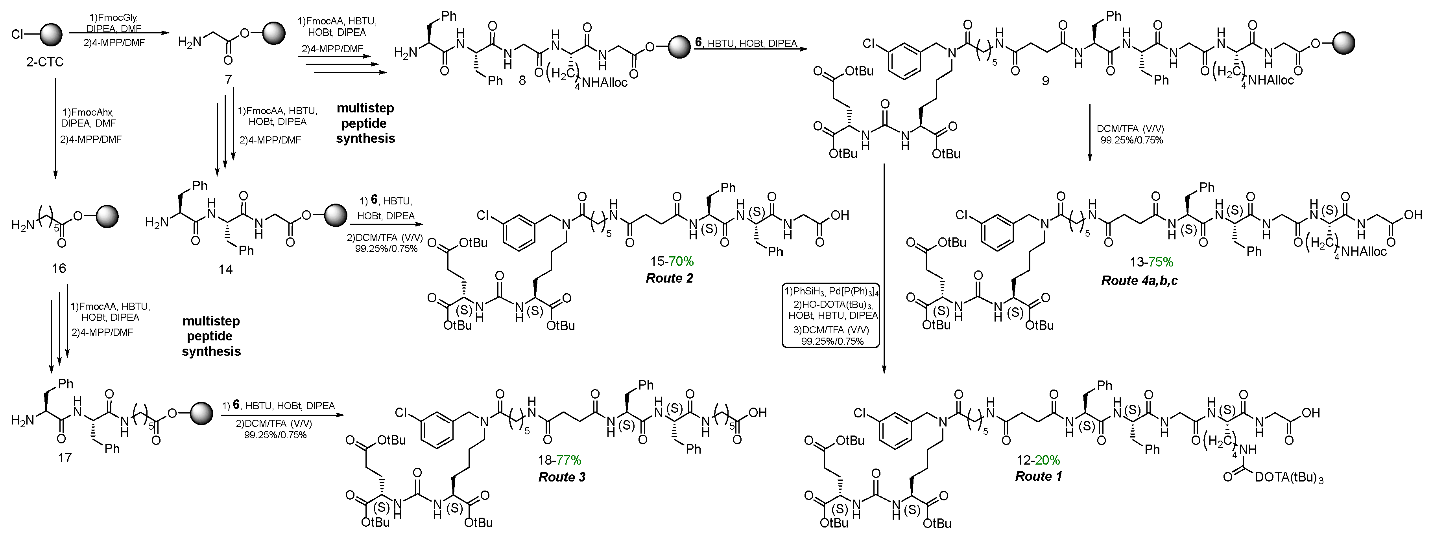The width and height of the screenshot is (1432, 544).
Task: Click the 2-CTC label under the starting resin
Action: click(x=44, y=61)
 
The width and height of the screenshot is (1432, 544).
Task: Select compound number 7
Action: click(x=229, y=81)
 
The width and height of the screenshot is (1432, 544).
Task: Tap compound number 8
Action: click(x=521, y=81)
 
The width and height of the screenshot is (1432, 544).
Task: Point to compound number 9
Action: click(x=1046, y=81)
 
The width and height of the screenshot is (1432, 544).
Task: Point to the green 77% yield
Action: click(x=568, y=460)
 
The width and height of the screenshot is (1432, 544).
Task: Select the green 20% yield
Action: click(x=1047, y=460)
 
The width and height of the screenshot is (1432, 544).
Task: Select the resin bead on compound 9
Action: click(x=1340, y=43)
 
